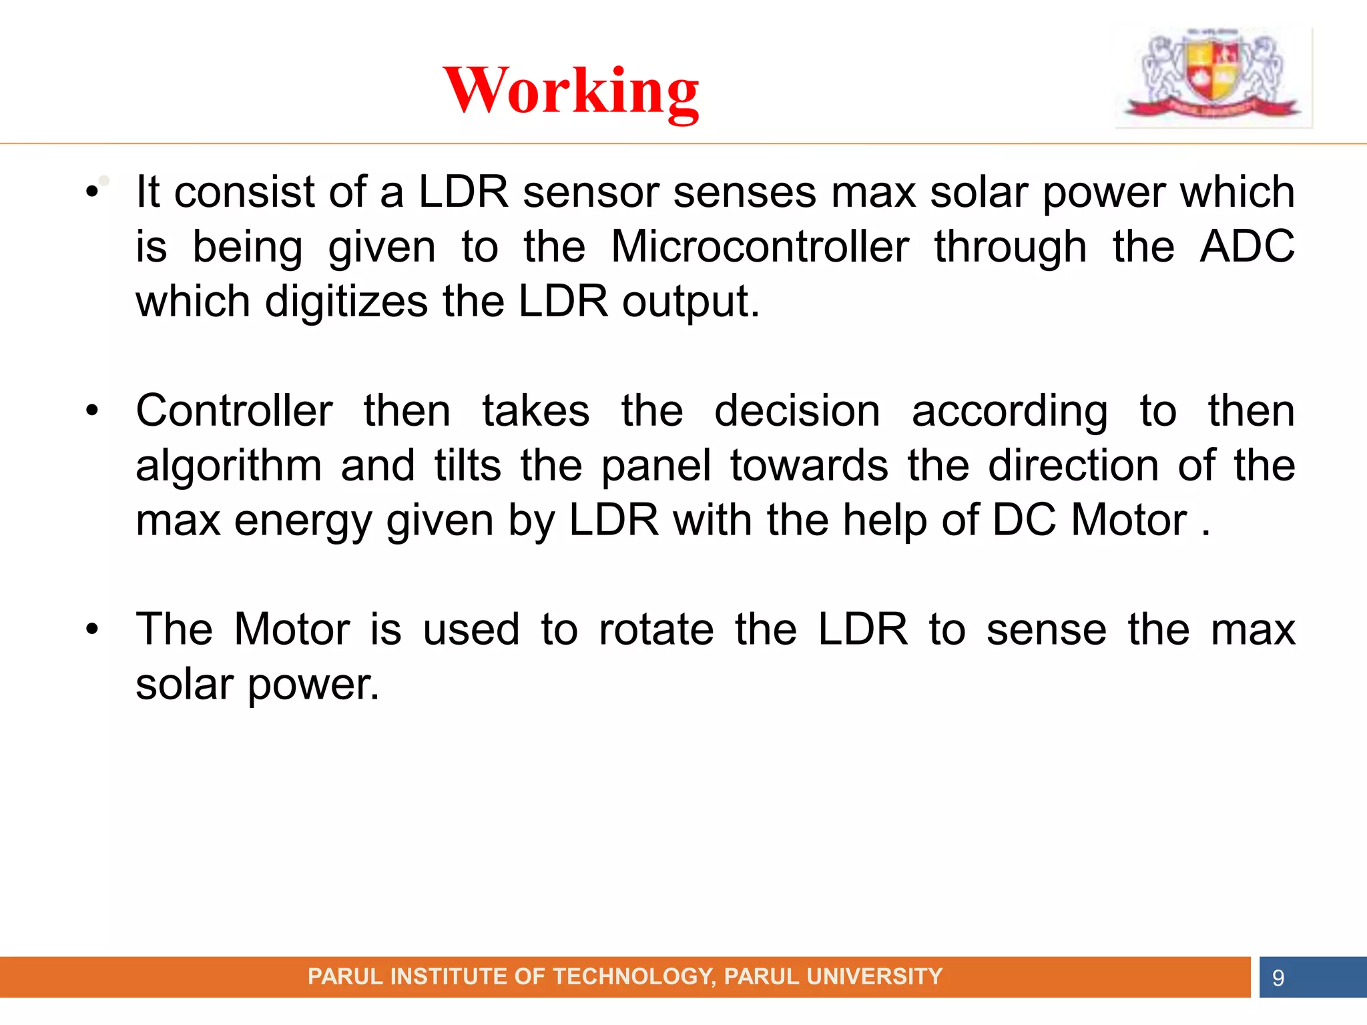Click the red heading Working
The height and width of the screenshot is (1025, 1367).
[571, 91]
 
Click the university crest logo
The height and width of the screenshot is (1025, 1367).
[1213, 75]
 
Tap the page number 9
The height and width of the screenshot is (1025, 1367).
[1278, 978]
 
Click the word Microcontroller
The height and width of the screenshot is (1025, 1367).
[760, 247]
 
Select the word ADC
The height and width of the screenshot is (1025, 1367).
[1247, 247]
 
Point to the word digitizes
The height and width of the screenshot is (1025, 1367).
[346, 302]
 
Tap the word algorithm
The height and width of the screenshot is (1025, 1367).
[229, 465]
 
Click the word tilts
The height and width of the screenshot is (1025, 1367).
[467, 465]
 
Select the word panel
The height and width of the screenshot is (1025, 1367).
[656, 465]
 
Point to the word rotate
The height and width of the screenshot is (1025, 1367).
[656, 629]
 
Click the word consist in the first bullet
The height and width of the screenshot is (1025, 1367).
[244, 192]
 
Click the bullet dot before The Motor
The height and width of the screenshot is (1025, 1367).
[92, 629]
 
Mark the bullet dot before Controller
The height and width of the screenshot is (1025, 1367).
[92, 411]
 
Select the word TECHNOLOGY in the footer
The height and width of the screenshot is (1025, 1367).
[632, 977]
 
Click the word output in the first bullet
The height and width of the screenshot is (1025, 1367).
[690, 302]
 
